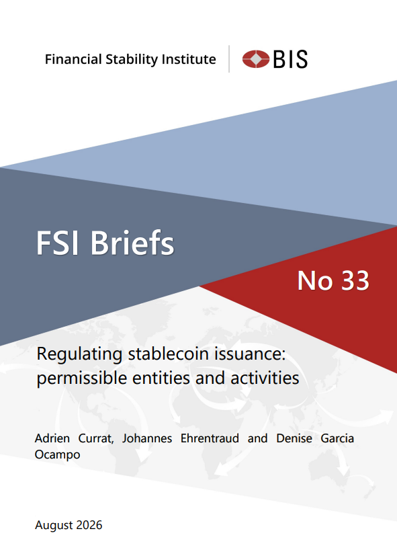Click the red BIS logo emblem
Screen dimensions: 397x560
256,59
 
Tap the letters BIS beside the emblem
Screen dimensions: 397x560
290,59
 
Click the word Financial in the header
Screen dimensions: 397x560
73,59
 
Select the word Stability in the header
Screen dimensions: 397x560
132,60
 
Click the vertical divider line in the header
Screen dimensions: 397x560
229,59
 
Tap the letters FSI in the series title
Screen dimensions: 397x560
58,243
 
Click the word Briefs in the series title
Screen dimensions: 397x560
132,242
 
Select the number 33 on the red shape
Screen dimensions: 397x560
355,281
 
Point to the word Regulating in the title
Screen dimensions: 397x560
80,355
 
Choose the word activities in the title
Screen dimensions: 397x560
265,378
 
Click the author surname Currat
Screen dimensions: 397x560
96,438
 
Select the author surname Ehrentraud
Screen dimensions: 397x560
210,438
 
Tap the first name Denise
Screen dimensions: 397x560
294,438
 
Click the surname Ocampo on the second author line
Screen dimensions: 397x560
57,455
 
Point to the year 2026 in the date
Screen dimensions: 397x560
89,525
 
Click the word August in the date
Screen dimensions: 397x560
54,526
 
